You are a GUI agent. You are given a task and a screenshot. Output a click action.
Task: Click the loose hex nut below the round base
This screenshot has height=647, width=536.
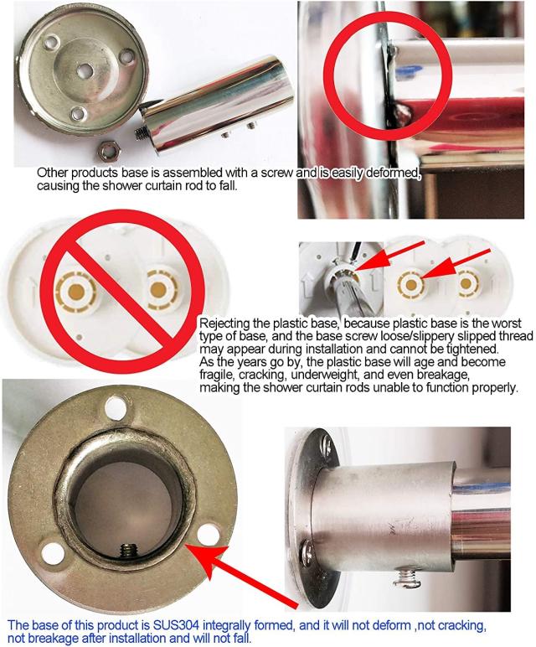click(109, 152)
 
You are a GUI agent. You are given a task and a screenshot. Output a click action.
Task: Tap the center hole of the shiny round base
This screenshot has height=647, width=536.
click(85, 70)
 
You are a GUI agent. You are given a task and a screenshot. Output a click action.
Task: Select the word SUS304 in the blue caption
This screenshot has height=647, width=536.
click(177, 624)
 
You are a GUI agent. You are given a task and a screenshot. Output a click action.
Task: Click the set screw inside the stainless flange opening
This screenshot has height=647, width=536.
click(129, 550)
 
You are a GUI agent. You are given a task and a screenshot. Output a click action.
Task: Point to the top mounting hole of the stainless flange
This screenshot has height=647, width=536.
click(115, 407)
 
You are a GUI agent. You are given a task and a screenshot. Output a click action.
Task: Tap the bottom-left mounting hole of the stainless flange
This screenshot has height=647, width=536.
click(54, 554)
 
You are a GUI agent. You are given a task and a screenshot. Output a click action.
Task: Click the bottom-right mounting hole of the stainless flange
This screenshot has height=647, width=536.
click(209, 534)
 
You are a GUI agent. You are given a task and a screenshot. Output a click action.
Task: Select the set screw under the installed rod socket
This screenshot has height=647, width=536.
click(406, 577)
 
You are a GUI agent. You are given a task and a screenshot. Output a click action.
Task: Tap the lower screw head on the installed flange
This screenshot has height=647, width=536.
click(307, 551)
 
